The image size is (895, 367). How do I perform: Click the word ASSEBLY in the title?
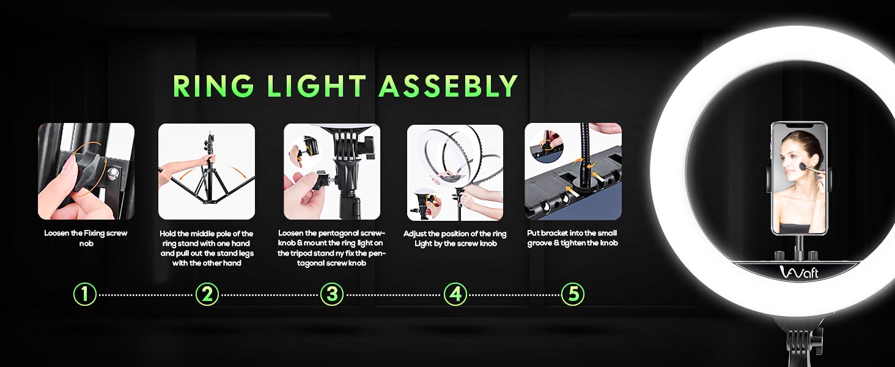point(448,86)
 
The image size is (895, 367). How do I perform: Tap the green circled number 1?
point(85,295)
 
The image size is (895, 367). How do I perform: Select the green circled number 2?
point(207,295)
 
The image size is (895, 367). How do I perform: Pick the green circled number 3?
point(332,295)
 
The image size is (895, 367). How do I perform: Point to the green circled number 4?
point(455,295)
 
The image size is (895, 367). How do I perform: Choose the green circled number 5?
point(573,295)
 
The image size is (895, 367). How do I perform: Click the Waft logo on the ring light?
point(798,272)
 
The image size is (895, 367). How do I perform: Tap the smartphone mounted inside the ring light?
point(799,179)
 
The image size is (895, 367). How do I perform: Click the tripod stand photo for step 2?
point(207,171)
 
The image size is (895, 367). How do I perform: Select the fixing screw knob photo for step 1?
point(86,171)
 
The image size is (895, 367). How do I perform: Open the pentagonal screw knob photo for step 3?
point(332,171)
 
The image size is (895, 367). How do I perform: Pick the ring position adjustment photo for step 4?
point(455,172)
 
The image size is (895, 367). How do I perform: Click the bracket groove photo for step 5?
point(573,171)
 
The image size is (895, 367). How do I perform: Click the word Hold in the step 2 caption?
point(168,234)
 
